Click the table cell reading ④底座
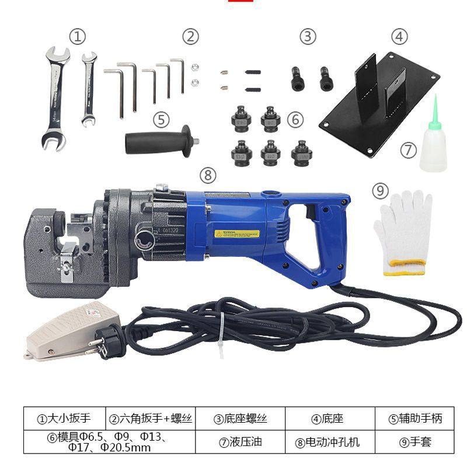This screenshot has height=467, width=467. pyautogui.click(x=327, y=419)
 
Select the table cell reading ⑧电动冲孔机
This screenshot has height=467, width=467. pyautogui.click(x=327, y=442)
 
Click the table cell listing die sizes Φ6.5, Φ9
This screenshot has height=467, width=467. pyautogui.click(x=109, y=442)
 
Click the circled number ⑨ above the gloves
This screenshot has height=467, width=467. pyautogui.click(x=380, y=190)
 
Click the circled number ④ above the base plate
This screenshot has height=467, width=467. pyautogui.click(x=399, y=36)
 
